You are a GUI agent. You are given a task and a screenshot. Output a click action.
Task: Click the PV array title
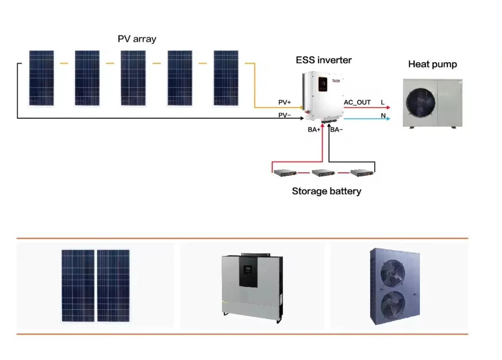click(x=137, y=39)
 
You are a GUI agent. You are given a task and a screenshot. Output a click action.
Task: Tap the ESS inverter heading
click(x=324, y=60)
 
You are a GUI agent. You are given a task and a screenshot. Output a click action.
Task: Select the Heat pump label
click(x=433, y=64)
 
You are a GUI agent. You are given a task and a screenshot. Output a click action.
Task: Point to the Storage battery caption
click(x=327, y=191)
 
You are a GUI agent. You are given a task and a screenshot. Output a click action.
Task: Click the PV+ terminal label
click(x=285, y=102)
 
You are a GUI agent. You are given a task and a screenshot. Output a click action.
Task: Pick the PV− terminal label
click(x=285, y=115)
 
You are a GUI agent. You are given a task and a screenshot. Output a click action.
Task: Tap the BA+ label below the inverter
click(x=314, y=130)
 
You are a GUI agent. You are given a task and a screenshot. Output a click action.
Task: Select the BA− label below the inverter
click(x=336, y=130)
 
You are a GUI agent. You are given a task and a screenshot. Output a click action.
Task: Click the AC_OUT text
click(x=357, y=102)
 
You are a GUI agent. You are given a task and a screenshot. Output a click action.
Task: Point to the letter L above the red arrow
click(x=383, y=102)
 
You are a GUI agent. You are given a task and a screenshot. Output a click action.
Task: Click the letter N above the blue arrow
click(x=383, y=116)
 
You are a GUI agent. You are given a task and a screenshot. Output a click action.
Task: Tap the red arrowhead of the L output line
click(x=388, y=107)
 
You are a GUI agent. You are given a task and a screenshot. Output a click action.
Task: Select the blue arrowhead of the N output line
click(x=388, y=119)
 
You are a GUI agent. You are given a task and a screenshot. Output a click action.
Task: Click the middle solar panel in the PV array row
click(x=133, y=78)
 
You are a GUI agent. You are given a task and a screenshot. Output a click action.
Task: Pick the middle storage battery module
click(x=323, y=173)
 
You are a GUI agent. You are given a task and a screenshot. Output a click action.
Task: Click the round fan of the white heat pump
click(x=420, y=102)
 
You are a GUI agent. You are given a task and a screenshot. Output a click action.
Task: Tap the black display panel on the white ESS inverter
click(x=323, y=84)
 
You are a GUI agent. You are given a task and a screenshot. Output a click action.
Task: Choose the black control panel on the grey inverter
click(x=249, y=272)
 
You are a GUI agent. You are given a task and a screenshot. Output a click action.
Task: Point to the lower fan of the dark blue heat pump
click(x=393, y=304)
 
